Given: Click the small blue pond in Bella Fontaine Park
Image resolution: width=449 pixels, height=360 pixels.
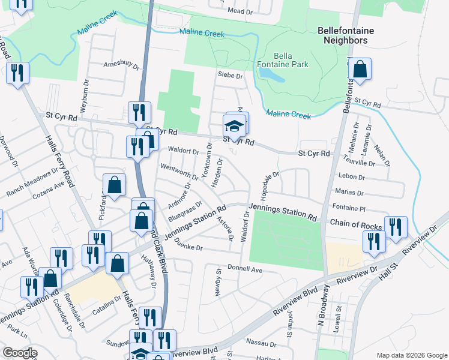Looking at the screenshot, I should [x=272, y=74].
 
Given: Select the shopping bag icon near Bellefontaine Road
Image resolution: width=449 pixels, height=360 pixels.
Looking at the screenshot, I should [x=360, y=70].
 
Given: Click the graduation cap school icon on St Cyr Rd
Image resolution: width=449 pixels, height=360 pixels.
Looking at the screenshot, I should [x=234, y=126].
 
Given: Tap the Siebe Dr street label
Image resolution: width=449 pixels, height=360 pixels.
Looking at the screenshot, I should [x=230, y=76].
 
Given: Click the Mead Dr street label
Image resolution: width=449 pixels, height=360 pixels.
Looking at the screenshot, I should [x=240, y=11].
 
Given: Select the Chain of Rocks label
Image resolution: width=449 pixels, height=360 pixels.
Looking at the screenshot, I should [x=355, y=224].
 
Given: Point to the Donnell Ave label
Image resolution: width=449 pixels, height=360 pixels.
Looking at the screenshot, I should [x=245, y=270].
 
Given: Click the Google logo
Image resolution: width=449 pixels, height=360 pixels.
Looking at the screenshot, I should [x=20, y=353].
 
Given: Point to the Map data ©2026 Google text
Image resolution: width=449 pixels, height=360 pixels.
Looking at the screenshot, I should [x=411, y=355].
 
